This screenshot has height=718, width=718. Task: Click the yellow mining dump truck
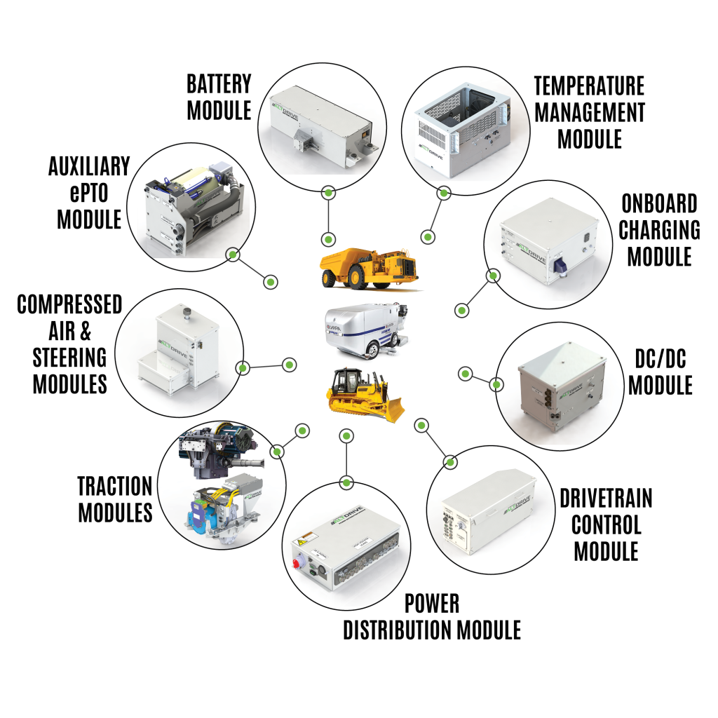coord(370,268)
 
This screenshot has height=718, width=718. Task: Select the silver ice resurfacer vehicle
coord(365,330)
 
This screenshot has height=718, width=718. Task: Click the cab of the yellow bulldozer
coord(349,381)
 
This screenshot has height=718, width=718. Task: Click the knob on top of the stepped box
coord(187,311)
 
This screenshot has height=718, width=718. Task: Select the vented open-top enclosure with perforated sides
coord(465,130)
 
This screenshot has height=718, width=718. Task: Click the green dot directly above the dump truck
coord(328,240)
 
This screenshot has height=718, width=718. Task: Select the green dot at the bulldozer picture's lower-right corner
coord(421,425)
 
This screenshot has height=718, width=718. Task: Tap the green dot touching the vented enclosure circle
coord(443,193)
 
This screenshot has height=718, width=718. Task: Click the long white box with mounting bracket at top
coord(320,126)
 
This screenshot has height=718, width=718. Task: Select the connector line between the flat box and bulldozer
coord(346,459)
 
